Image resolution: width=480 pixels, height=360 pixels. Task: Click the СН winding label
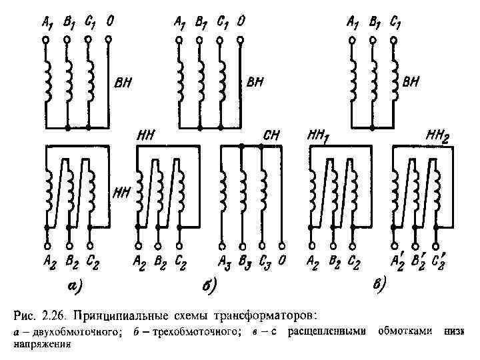(272, 135)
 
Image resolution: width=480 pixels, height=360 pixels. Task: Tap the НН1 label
(321, 136)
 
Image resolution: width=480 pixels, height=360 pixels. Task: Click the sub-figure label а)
(73, 287)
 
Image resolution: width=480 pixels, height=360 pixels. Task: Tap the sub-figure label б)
(208, 287)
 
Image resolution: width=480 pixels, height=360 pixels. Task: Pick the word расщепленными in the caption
(330, 331)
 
